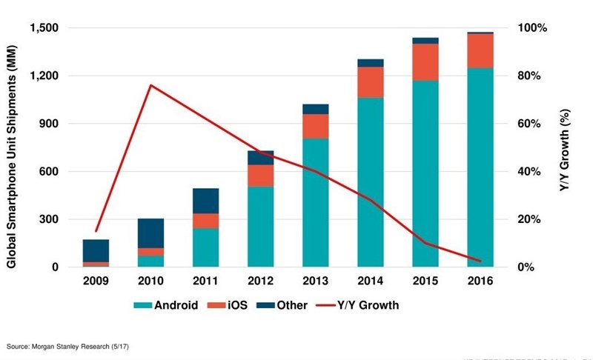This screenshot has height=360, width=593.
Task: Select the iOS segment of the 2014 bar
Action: pos(371,82)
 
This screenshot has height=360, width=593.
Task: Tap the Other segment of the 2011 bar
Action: pos(205,201)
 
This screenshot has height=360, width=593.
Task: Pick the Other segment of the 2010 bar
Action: pos(150,233)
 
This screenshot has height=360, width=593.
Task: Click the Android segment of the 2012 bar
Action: pos(260,227)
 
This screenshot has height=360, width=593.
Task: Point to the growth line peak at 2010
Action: pos(150,85)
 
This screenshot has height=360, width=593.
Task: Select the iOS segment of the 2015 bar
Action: pos(425,62)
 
